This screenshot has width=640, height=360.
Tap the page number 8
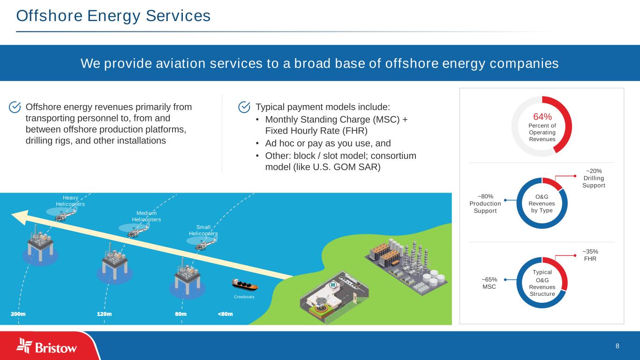[x=617, y=346]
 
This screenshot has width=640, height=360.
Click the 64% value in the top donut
[x=542, y=117]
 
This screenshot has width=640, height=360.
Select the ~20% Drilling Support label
[x=594, y=178]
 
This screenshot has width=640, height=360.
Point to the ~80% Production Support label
[x=485, y=203]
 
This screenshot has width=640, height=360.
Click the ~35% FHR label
[x=590, y=255]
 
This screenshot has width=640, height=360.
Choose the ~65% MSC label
[x=489, y=283]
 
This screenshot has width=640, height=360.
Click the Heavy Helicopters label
[x=70, y=201]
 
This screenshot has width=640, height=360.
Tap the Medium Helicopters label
[x=146, y=216]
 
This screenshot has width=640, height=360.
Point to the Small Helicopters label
[x=203, y=230]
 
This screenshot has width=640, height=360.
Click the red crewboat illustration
[x=245, y=284]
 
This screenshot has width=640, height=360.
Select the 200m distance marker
[x=18, y=314]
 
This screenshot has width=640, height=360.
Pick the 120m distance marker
[x=104, y=314]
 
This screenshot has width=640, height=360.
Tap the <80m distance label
[x=225, y=314]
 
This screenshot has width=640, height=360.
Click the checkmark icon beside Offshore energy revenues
[x=15, y=107]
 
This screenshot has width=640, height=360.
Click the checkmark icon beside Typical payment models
[x=244, y=107]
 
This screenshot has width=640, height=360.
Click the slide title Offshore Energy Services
[x=113, y=16]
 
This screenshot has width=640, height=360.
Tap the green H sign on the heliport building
[x=333, y=284]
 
